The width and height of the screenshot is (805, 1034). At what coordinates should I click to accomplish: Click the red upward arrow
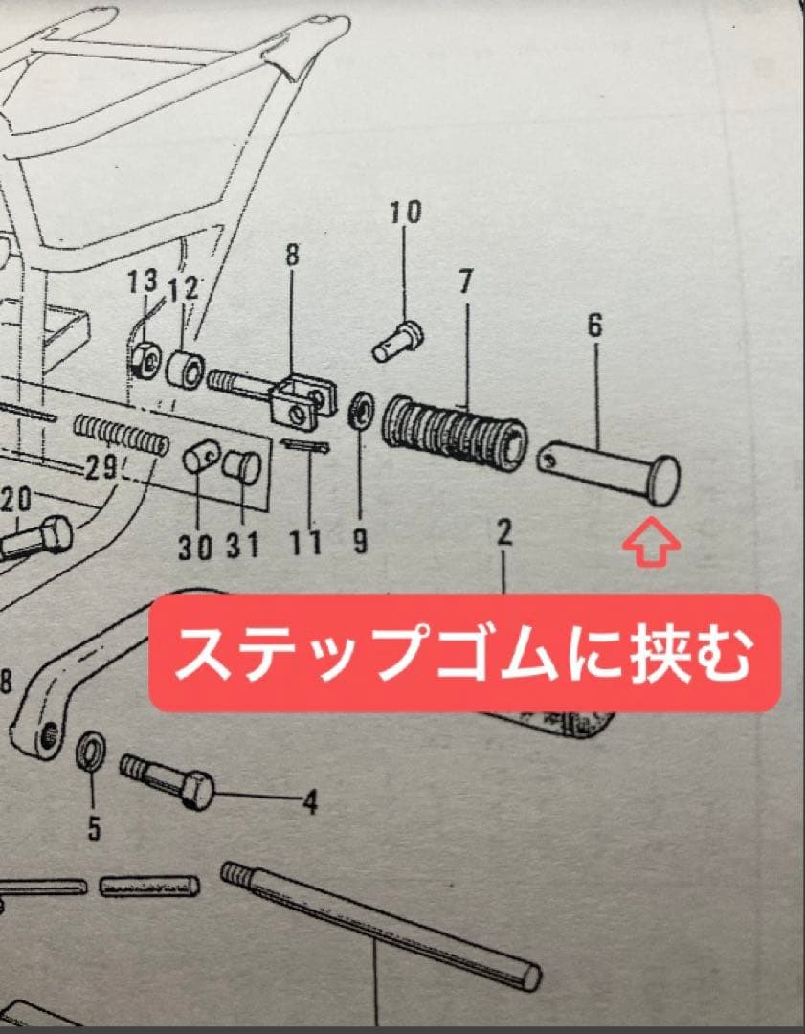pos(652,541)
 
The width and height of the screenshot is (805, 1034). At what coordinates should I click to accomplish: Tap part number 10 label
pos(405,213)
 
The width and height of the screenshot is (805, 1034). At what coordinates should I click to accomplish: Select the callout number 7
pos(466,281)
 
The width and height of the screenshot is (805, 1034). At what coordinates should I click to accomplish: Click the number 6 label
pos(594,326)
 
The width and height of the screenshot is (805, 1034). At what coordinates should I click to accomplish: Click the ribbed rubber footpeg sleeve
pos(456,429)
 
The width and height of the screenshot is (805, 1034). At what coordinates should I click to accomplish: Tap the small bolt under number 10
pos(399,341)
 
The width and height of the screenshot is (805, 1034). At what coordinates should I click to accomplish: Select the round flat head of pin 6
pos(664,481)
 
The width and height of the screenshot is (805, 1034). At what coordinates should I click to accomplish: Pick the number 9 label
pos(360,541)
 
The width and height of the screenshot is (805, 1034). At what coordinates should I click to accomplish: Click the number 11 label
pos(305,543)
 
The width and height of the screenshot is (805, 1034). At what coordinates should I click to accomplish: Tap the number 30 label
pos(194,548)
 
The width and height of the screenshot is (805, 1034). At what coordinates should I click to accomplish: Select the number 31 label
pos(243,545)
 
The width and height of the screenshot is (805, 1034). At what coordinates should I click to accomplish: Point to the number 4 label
pos(309,802)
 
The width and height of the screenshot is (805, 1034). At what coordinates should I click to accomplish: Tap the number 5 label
pos(94,827)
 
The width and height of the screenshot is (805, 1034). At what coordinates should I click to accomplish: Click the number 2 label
pos(504,533)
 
